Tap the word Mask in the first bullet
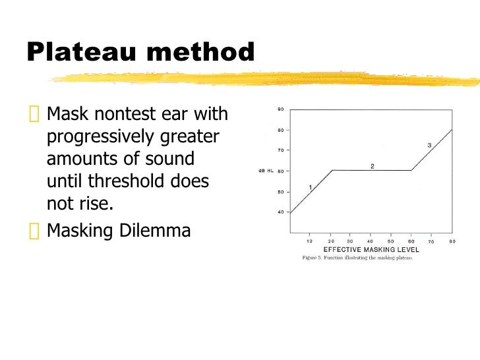pyautogui.click(x=67, y=115)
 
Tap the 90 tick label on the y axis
pyautogui.click(x=280, y=109)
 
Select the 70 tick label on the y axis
pyautogui.click(x=280, y=150)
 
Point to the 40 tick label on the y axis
pyautogui.click(x=280, y=212)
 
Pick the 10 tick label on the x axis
pyautogui.click(x=310, y=242)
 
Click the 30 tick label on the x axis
pyautogui.click(x=350, y=242)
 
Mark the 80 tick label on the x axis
pyautogui.click(x=452, y=242)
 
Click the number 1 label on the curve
pyautogui.click(x=310, y=188)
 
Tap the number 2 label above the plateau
pyautogui.click(x=372, y=166)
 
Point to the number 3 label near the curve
pyautogui.click(x=429, y=145)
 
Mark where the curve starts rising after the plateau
pyautogui.click(x=412, y=170)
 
